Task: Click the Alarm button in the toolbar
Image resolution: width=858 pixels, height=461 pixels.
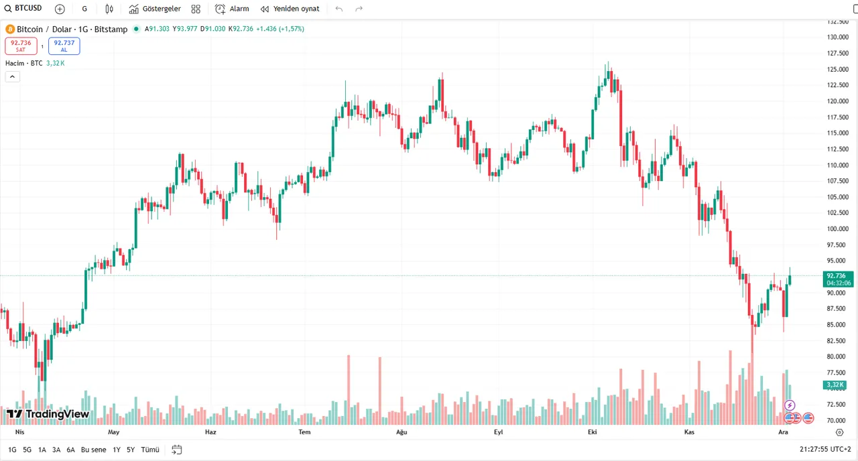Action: (232, 9)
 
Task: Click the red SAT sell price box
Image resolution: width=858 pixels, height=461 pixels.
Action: (21, 46)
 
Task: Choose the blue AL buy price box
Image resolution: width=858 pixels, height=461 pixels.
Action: (64, 46)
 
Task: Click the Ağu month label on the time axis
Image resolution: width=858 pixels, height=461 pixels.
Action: (402, 432)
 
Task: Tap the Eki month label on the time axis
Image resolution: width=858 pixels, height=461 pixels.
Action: (592, 432)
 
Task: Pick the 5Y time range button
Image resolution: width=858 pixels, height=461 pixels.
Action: (131, 450)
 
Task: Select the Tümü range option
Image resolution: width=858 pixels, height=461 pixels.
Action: (150, 450)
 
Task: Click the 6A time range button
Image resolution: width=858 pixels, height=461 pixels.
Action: (70, 450)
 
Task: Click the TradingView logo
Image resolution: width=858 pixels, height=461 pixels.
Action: (48, 414)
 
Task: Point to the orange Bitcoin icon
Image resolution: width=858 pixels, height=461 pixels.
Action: (10, 29)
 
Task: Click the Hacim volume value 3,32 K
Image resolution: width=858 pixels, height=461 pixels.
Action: (55, 63)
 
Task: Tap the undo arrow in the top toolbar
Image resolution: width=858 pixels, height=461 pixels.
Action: (339, 9)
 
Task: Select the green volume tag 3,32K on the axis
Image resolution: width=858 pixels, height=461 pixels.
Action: (835, 385)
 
